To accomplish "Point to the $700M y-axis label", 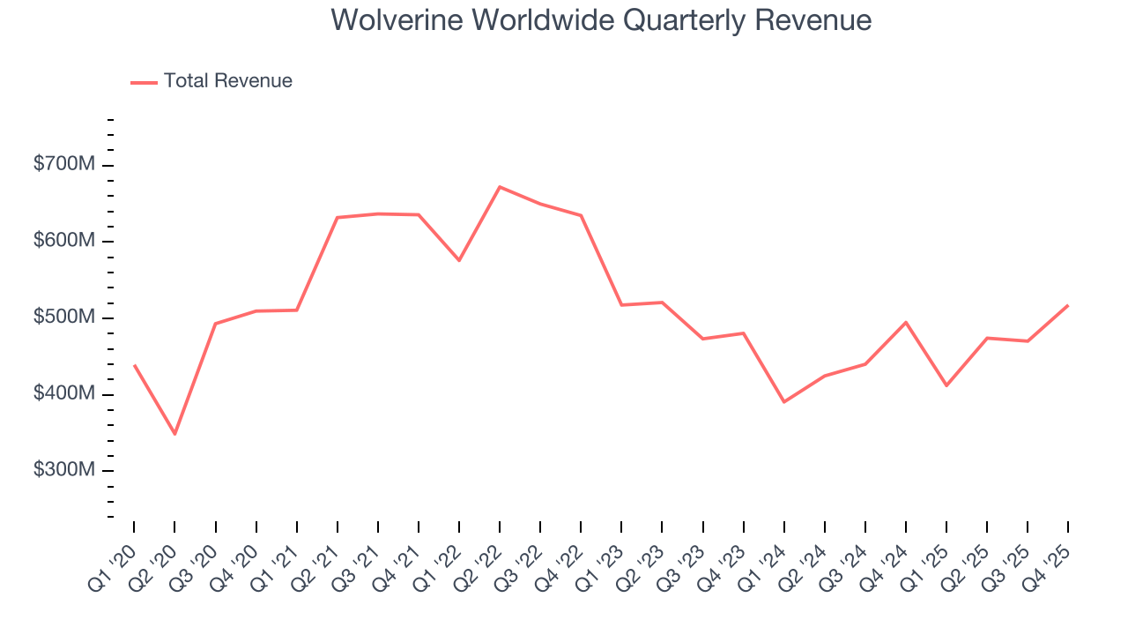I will tap(65, 166).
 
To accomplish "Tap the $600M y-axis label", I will tap(65, 242).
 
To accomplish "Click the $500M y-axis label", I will tap(65, 317).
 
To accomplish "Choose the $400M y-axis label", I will tap(65, 394).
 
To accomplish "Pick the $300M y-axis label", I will tap(65, 470).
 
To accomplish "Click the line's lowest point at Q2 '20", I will tap(174, 434).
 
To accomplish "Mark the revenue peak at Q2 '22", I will tap(500, 187).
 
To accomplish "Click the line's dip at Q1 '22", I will tap(459, 260).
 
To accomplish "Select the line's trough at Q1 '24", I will tap(783, 402).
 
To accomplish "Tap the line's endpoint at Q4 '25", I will tap(1068, 305).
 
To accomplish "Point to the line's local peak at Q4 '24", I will tap(906, 322).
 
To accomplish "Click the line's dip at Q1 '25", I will tap(946, 385).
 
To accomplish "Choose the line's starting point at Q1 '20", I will tap(134, 365).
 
